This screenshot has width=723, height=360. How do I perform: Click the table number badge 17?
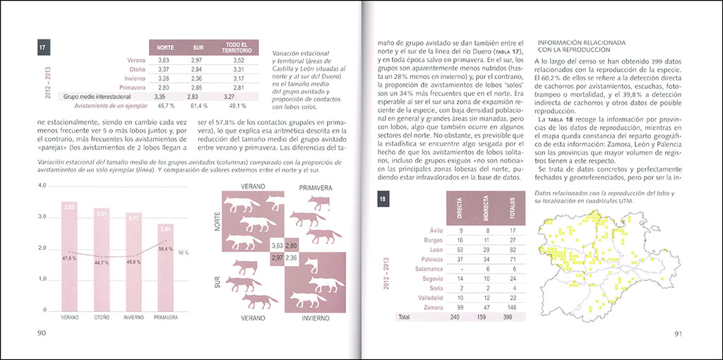(x=43, y=48)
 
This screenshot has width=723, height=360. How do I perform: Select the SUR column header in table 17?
(x=198, y=48)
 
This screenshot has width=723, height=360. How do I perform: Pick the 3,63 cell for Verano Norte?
(x=164, y=61)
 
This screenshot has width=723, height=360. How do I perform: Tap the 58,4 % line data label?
(x=166, y=248)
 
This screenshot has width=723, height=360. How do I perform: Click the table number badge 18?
(x=382, y=200)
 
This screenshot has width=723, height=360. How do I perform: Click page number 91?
(x=676, y=334)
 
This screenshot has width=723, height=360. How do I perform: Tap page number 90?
(x=42, y=332)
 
